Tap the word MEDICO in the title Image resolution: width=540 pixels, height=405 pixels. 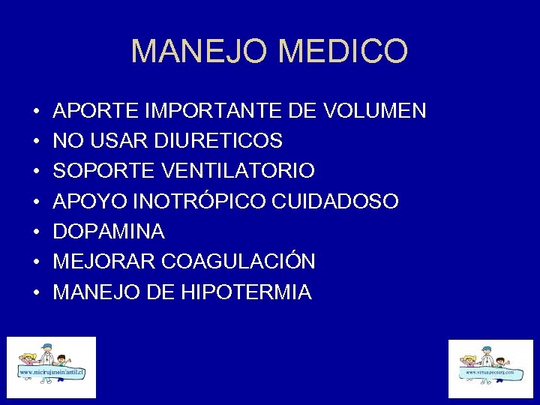tap(343, 52)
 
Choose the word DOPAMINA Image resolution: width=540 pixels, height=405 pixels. tap(109, 232)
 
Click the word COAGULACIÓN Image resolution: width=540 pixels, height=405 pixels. tap(238, 262)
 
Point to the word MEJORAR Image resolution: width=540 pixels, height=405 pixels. tap(104, 262)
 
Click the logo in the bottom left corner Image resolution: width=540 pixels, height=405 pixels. tap(52, 367)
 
